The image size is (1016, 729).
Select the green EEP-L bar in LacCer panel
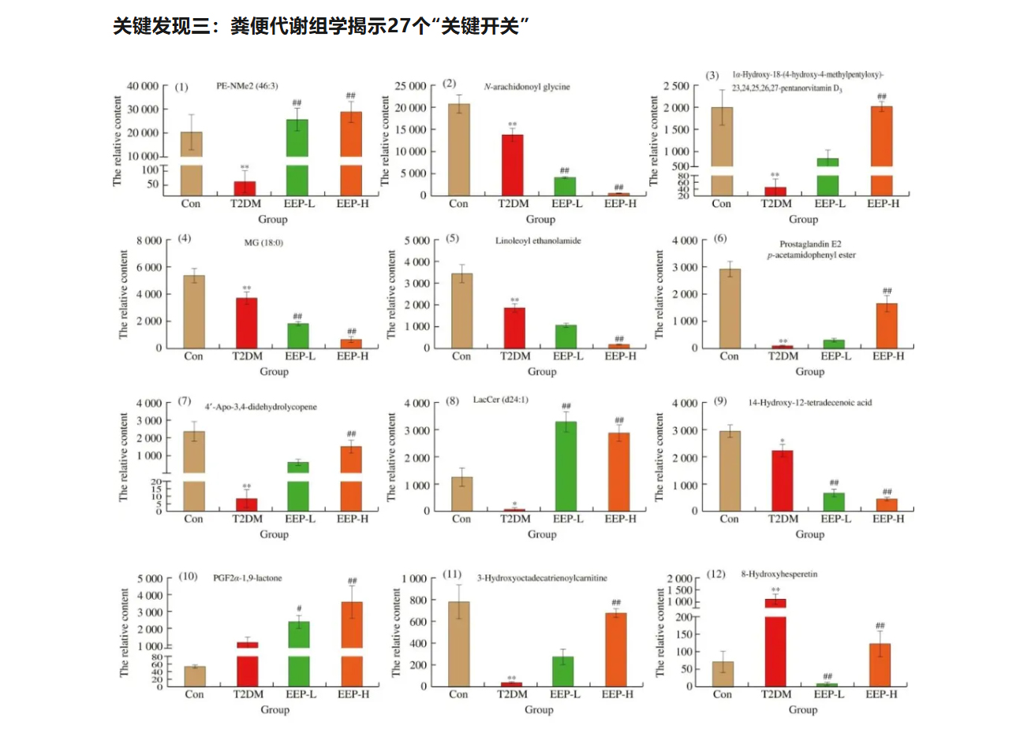pos(566,466)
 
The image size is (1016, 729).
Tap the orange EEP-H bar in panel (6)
pos(887,325)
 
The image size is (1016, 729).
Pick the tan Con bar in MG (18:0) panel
pos(193,311)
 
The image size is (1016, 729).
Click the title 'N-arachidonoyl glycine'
pos(527,87)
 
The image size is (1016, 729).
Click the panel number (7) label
pos(185,401)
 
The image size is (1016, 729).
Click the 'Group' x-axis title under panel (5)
pos(541,371)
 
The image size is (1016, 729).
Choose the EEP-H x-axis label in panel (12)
pos(881,694)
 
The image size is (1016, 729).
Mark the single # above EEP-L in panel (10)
pos(299,608)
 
